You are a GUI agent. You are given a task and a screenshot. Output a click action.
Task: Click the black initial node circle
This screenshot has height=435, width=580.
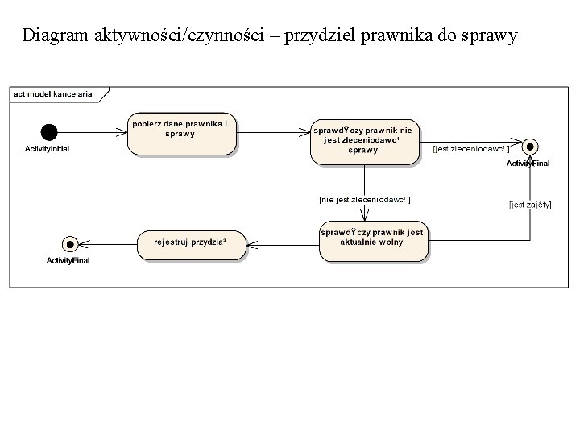tap(49, 132)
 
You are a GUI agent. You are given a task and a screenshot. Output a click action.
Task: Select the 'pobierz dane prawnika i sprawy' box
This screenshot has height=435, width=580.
tap(182, 133)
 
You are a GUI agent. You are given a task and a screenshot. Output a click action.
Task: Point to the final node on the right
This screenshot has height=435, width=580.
tap(530, 147)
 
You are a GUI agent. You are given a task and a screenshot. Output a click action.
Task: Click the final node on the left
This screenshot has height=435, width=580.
tap(69, 243)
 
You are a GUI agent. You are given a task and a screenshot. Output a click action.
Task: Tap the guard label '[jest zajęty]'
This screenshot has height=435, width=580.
tap(530, 205)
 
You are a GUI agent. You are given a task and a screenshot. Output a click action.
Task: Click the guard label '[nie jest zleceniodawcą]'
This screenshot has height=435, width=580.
tap(365, 198)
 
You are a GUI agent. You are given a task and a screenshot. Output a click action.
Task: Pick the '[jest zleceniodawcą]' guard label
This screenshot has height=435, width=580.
tap(470, 149)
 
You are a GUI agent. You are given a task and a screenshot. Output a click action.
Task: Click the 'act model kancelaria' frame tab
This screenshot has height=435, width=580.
tap(53, 93)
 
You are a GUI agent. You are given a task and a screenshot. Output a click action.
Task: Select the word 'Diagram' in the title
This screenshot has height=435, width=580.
tap(56, 36)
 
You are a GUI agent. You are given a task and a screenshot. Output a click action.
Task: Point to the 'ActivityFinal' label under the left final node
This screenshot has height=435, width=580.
tap(68, 260)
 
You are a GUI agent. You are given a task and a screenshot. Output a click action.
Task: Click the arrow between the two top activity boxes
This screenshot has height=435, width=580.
tap(274, 132)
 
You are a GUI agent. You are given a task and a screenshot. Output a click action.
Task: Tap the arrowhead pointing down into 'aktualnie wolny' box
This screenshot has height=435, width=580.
tap(365, 215)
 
